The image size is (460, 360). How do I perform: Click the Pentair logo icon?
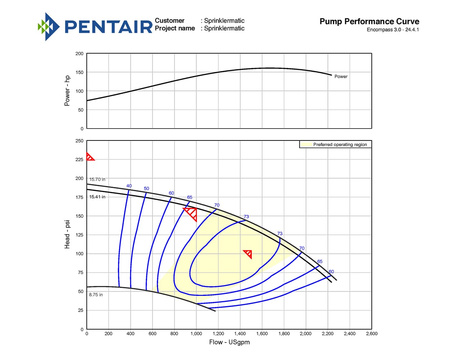pyautogui.click(x=49, y=27)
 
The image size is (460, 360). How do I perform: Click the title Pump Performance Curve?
pyautogui.click(x=369, y=21)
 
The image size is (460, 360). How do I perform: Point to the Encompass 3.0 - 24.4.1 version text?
pyautogui.click(x=393, y=30)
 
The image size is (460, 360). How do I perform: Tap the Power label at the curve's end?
pyautogui.click(x=341, y=76)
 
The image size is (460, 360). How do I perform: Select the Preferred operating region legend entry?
pyautogui.click(x=340, y=145)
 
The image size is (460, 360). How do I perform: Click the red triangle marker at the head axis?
pyautogui.click(x=90, y=157)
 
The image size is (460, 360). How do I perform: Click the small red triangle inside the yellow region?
pyautogui.click(x=248, y=254)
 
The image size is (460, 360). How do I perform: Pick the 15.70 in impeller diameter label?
pyautogui.click(x=97, y=179)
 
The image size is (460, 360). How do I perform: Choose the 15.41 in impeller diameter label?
pyautogui.click(x=97, y=197)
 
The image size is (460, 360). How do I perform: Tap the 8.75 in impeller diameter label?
pyautogui.click(x=96, y=295)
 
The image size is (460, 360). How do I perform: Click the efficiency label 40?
pyautogui.click(x=129, y=186)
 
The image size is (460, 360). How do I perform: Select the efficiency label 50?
pyautogui.click(x=146, y=188)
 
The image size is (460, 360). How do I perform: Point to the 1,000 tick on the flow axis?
pyautogui.click(x=196, y=333)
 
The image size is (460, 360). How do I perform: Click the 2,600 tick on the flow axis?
pyautogui.click(x=371, y=333)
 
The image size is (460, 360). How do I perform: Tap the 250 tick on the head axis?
pyautogui.click(x=79, y=141)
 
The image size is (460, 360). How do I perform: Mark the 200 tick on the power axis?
pyautogui.click(x=79, y=54)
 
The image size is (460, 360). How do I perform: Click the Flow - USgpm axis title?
pyautogui.click(x=229, y=342)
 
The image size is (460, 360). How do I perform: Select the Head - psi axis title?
pyautogui.click(x=67, y=234)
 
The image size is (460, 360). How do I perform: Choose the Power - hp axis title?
pyautogui.click(x=67, y=91)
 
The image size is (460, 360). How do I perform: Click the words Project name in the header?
pyautogui.click(x=175, y=28)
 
